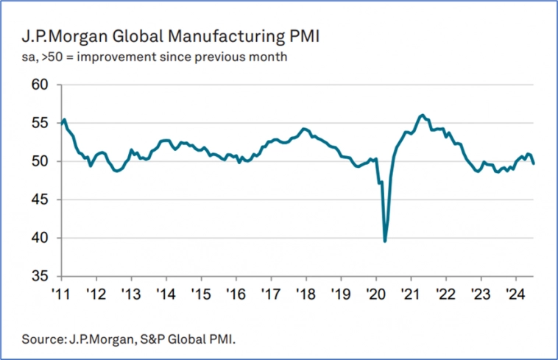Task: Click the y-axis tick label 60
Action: pos(38,85)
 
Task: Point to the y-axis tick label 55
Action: pos(38,123)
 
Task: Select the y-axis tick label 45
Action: pos(38,200)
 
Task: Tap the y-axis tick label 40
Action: pos(38,238)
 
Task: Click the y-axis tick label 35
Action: pos(38,276)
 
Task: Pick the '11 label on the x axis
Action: pos(61,292)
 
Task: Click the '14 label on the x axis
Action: pos(166,292)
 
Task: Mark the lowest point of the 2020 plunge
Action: pos(385,241)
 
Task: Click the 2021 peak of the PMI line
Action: pos(421,115)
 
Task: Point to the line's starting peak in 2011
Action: pos(65,119)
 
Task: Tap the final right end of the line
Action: pos(533,163)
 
